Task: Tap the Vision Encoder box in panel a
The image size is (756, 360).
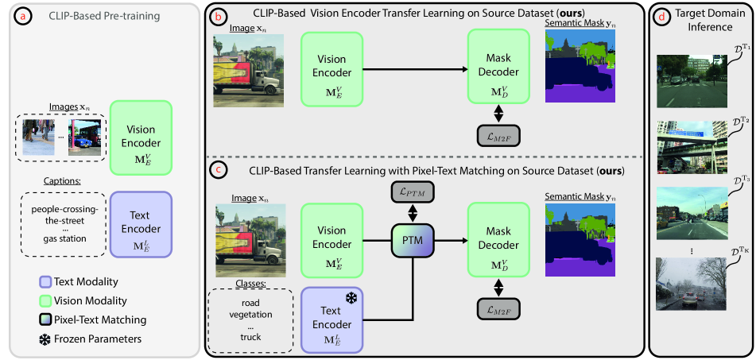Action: pos(141,135)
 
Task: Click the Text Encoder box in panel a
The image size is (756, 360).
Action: pos(141,222)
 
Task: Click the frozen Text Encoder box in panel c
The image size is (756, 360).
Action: pos(331,320)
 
